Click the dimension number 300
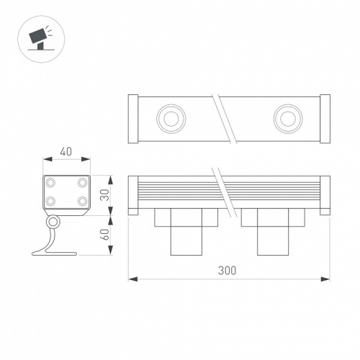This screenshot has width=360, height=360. [x=227, y=270]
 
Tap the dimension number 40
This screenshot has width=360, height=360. [x=66, y=152]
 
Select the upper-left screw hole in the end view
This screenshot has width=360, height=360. [x=52, y=181]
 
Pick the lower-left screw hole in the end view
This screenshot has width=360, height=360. [x=52, y=202]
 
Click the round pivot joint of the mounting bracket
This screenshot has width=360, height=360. [x=55, y=224]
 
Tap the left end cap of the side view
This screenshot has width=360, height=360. [x=132, y=194]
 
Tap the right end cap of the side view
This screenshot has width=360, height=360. [x=325, y=194]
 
